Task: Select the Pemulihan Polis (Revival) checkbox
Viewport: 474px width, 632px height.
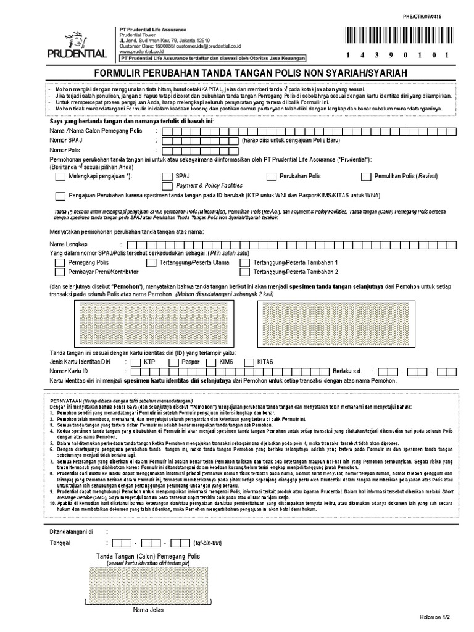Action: tap(365, 176)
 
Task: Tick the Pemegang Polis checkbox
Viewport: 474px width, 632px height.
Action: tap(59, 262)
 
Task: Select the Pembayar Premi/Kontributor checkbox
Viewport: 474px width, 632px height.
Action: tap(59, 272)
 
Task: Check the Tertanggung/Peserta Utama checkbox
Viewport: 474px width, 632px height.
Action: tap(149, 262)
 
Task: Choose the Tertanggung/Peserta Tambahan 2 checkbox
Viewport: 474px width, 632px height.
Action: tap(244, 272)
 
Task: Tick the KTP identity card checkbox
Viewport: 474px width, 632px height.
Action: tap(135, 362)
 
